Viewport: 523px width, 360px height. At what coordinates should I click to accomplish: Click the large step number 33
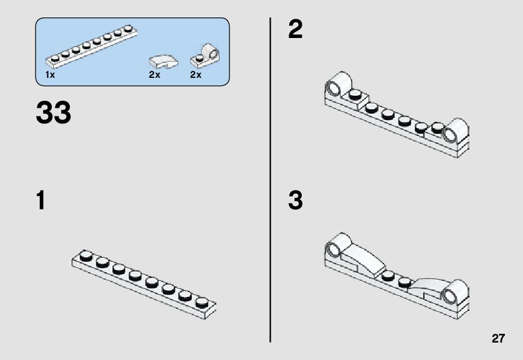54,112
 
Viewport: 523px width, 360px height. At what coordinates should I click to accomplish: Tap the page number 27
498,338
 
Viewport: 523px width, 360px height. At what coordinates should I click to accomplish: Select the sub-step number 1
41,200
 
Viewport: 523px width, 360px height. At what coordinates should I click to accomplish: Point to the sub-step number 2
295,29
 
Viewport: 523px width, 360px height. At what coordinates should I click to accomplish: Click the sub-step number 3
295,200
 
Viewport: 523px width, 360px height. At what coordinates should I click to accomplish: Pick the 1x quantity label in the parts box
50,75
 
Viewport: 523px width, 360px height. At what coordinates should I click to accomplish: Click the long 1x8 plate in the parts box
91,46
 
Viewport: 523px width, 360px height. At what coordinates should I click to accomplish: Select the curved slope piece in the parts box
163,62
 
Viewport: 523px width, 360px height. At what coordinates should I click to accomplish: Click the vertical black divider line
270,180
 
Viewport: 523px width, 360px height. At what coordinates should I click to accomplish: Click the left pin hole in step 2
333,88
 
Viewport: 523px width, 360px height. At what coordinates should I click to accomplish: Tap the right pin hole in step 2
449,135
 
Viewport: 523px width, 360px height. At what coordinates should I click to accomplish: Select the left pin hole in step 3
333,250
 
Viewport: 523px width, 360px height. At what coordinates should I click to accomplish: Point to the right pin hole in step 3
449,296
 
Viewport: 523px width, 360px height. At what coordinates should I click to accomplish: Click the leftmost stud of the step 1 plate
86,255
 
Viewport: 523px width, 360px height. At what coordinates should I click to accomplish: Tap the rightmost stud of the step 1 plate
201,302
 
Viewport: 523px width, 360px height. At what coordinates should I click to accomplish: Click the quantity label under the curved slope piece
155,75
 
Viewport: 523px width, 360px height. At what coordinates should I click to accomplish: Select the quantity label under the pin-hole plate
196,75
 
